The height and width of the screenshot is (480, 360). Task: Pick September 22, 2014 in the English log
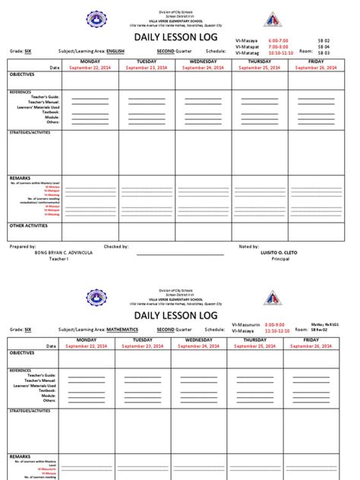(90, 68)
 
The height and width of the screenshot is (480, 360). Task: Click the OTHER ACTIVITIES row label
(28, 226)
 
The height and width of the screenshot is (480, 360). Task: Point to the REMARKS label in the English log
(20, 178)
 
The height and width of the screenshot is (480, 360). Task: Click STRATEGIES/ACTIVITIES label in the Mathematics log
(30, 410)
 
